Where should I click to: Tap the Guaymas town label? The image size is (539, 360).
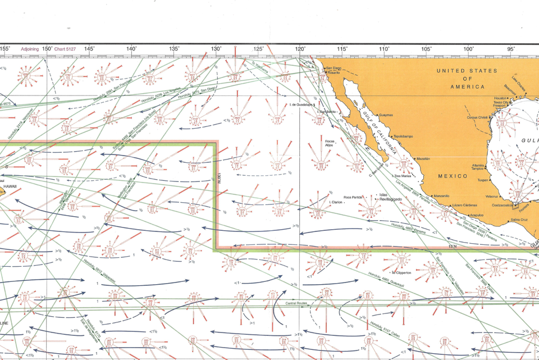click(386, 115)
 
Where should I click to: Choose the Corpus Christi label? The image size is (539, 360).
click(479, 117)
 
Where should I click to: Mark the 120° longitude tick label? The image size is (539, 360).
click(300, 49)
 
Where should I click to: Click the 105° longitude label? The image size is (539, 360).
click(427, 49)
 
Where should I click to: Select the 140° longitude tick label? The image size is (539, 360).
click(131, 49)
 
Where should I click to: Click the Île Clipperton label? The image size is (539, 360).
click(401, 273)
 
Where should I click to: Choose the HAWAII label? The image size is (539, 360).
click(10, 186)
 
